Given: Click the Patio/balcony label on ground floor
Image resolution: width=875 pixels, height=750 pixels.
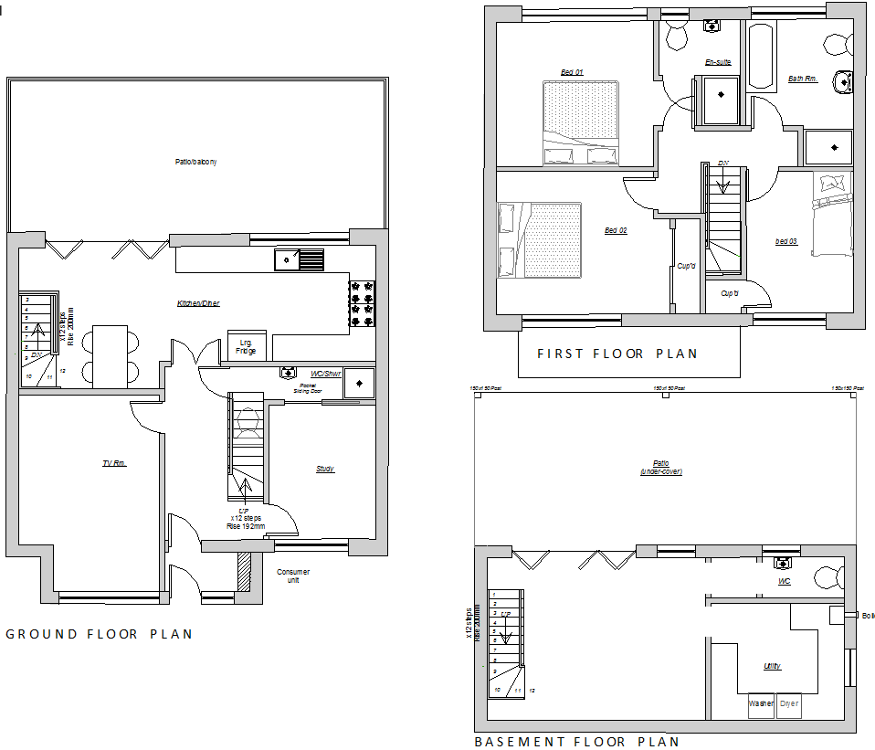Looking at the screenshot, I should click(196, 162).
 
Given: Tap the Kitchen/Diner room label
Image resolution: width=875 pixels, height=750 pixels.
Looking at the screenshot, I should click(198, 303).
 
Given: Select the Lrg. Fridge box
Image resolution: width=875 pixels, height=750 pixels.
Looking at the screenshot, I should click(247, 346).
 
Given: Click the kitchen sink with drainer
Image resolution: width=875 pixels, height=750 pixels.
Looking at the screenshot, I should click(299, 259).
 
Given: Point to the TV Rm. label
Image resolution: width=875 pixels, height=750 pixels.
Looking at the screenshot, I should click(114, 464).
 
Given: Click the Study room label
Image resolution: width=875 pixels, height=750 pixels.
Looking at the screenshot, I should click(325, 469).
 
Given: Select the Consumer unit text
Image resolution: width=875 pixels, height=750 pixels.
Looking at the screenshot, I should click(293, 576).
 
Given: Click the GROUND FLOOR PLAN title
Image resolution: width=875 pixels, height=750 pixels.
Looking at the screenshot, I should click(100, 634).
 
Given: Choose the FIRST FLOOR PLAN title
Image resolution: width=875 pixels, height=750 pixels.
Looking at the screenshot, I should click(617, 354).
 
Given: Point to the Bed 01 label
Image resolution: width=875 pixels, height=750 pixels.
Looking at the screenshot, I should click(572, 72).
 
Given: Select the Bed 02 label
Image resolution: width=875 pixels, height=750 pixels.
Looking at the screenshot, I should click(616, 230).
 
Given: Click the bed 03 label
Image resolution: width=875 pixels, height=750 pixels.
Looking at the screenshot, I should click(785, 241).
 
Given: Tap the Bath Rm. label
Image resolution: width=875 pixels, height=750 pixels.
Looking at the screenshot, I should click(802, 79).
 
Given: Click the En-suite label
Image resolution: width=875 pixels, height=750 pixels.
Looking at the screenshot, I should click(719, 62).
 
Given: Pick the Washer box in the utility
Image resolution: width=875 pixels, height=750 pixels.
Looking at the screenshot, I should click(761, 704).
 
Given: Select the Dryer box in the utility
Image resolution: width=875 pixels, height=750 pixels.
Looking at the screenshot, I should click(789, 704).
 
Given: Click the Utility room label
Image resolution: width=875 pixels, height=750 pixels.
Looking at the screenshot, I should click(772, 666).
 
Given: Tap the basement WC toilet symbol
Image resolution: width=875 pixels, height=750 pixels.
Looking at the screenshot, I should click(829, 576).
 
